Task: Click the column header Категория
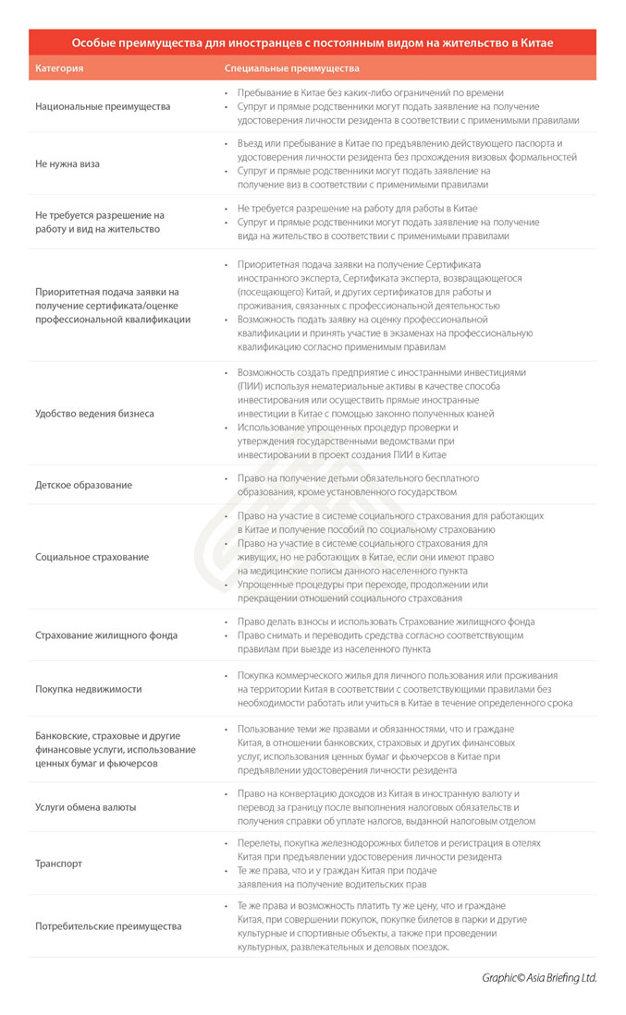pos(59,68)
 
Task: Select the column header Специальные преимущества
pos(292,68)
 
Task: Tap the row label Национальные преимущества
pos(103,106)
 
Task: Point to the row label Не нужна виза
pos(68,163)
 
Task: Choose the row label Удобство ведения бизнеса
pos(94,414)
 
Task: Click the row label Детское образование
pos(83,485)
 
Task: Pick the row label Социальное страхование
pos(92,557)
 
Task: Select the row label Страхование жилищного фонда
pos(106,635)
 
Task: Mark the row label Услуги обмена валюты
pos(86,806)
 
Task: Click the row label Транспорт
pos(58,864)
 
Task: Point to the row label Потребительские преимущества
pos(108,925)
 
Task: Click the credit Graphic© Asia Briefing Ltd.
pos(539,977)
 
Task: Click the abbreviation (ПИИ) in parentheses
pos(251,386)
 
